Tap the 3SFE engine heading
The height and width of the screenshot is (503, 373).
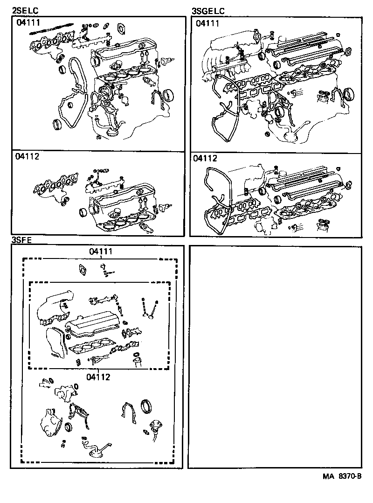pos(21,240)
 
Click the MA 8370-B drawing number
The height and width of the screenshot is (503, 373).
pos(341,476)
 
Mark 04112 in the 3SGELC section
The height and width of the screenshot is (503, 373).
pos(205,159)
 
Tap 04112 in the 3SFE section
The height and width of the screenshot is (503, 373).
pos(98,376)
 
